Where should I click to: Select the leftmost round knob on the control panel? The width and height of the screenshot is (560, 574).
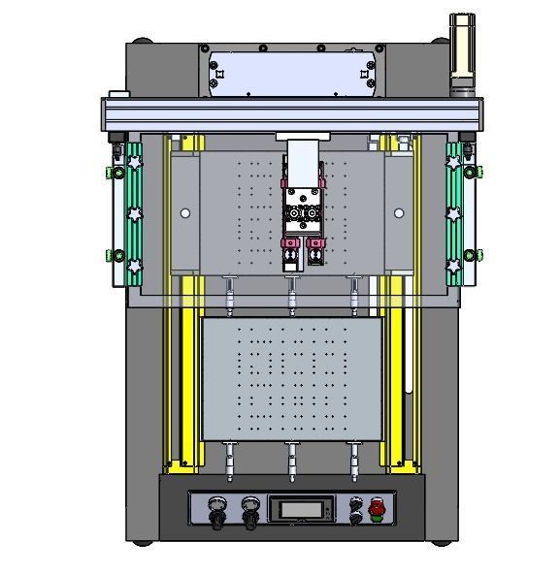tap(215, 506)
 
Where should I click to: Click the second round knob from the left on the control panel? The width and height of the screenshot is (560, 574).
tap(251, 506)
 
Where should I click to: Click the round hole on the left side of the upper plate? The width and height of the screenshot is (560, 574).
tap(185, 213)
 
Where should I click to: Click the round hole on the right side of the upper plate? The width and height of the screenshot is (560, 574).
tap(398, 213)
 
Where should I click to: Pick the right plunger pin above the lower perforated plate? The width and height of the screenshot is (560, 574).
tap(354, 294)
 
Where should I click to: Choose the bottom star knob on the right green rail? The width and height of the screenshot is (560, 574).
tap(452, 265)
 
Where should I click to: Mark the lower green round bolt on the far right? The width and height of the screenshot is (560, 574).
tap(469, 255)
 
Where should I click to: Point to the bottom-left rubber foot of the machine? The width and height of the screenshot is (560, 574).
tap(142, 538)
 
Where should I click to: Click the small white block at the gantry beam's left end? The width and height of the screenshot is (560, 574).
tap(118, 95)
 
